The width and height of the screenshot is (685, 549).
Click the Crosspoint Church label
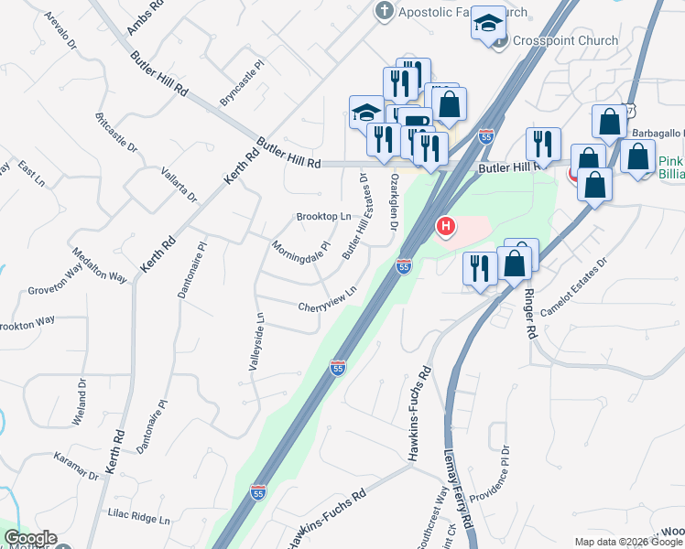(x=565, y=40)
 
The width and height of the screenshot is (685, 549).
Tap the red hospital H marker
(x=446, y=225)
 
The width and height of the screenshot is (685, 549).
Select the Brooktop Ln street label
(x=323, y=217)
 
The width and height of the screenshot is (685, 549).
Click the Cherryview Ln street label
(x=327, y=300)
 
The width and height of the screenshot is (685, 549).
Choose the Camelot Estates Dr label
(x=574, y=286)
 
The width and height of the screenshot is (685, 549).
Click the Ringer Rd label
(x=528, y=314)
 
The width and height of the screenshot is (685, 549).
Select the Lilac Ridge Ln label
(x=139, y=518)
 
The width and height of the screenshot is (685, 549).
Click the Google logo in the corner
(x=29, y=538)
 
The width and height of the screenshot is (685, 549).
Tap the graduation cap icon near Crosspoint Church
(x=488, y=24)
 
